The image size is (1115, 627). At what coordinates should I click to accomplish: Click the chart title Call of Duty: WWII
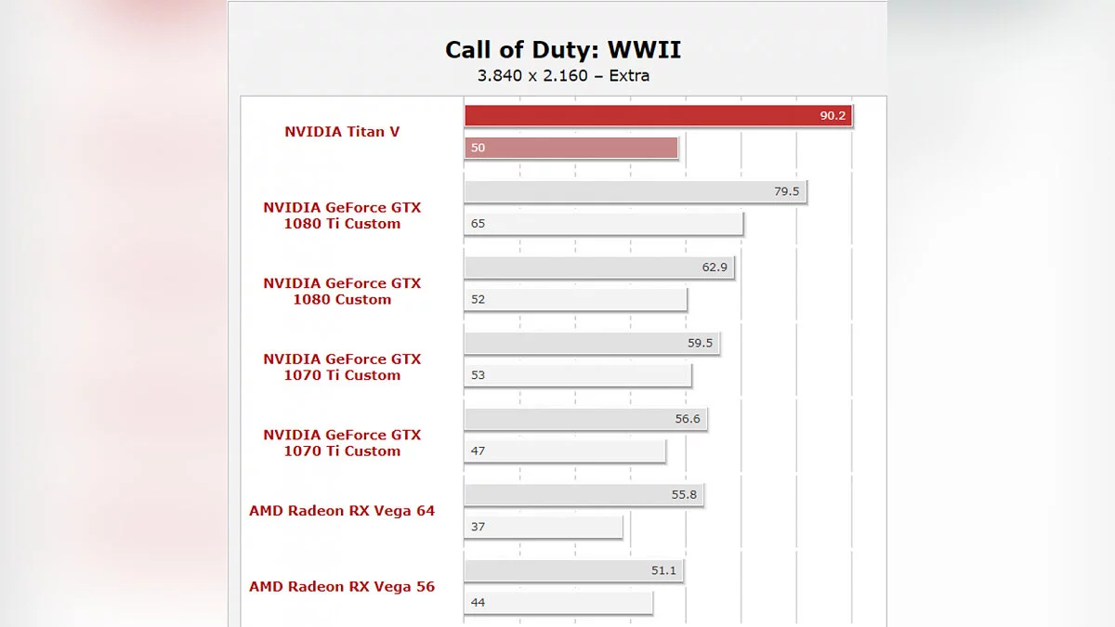(x=563, y=49)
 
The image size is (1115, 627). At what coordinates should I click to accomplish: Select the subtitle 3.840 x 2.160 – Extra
(x=563, y=75)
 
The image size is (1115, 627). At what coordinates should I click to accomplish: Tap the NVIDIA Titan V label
(x=342, y=132)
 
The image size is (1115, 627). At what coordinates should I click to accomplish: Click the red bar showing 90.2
(x=658, y=116)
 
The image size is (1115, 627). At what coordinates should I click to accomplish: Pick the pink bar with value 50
(x=571, y=148)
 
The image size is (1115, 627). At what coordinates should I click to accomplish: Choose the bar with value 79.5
(x=636, y=191)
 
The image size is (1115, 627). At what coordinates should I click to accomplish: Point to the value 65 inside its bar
(x=478, y=224)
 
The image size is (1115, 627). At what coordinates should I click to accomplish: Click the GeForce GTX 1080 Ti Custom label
(x=342, y=216)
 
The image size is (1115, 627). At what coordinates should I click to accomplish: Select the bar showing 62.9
(x=599, y=268)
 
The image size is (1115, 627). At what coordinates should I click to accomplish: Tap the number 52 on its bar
(x=478, y=300)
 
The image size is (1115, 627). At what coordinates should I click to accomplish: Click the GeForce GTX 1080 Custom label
(x=342, y=292)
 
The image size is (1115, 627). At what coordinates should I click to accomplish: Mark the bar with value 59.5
(x=592, y=344)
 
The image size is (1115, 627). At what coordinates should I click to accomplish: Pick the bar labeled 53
(x=578, y=375)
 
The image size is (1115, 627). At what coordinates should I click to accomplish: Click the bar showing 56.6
(x=585, y=420)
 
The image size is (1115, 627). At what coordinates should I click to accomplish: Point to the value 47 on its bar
(x=478, y=451)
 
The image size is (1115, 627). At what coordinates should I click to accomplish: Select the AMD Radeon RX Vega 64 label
(x=342, y=511)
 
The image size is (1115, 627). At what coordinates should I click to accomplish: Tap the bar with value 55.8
(x=584, y=495)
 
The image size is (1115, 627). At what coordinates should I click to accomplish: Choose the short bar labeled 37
(x=544, y=527)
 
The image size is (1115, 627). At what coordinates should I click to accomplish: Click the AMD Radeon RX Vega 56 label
(x=342, y=587)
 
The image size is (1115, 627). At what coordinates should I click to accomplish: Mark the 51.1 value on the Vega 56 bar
(x=663, y=571)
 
